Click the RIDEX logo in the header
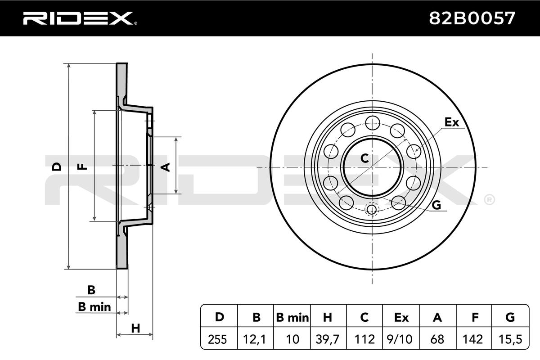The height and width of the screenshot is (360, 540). click(80, 18)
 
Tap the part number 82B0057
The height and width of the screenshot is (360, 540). click(472, 18)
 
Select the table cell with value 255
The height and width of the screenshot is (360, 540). click(217, 339)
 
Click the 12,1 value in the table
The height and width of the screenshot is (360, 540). click(255, 339)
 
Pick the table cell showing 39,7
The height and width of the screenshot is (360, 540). click(328, 339)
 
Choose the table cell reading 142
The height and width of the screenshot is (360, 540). click(473, 339)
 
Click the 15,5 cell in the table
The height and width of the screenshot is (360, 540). click(510, 339)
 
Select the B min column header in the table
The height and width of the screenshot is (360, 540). click(292, 318)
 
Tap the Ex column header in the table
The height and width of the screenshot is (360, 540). click(401, 318)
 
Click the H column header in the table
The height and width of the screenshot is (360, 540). click(328, 318)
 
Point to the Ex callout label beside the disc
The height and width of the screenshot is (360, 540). click(452, 122)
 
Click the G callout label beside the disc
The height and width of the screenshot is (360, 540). click(436, 205)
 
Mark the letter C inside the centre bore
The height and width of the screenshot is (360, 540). click(365, 158)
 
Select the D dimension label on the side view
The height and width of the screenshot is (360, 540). click(57, 166)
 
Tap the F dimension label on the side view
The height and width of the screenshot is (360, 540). click(82, 166)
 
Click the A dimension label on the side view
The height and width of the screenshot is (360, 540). click(166, 167)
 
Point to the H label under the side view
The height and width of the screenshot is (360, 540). click(135, 328)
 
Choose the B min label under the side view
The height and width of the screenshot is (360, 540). click(94, 307)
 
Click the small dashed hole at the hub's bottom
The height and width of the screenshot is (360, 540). click(372, 209)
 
